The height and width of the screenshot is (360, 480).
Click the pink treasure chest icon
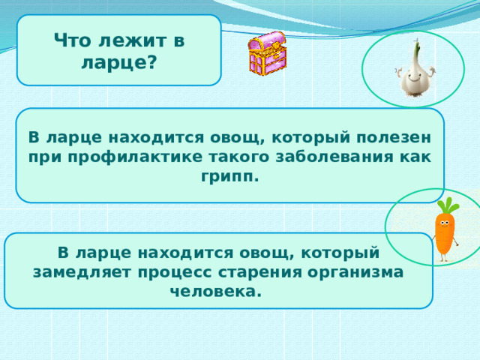tap(266, 53)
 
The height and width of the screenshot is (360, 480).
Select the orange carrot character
tap(445, 232)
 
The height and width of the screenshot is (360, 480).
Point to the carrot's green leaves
tap(448, 205)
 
